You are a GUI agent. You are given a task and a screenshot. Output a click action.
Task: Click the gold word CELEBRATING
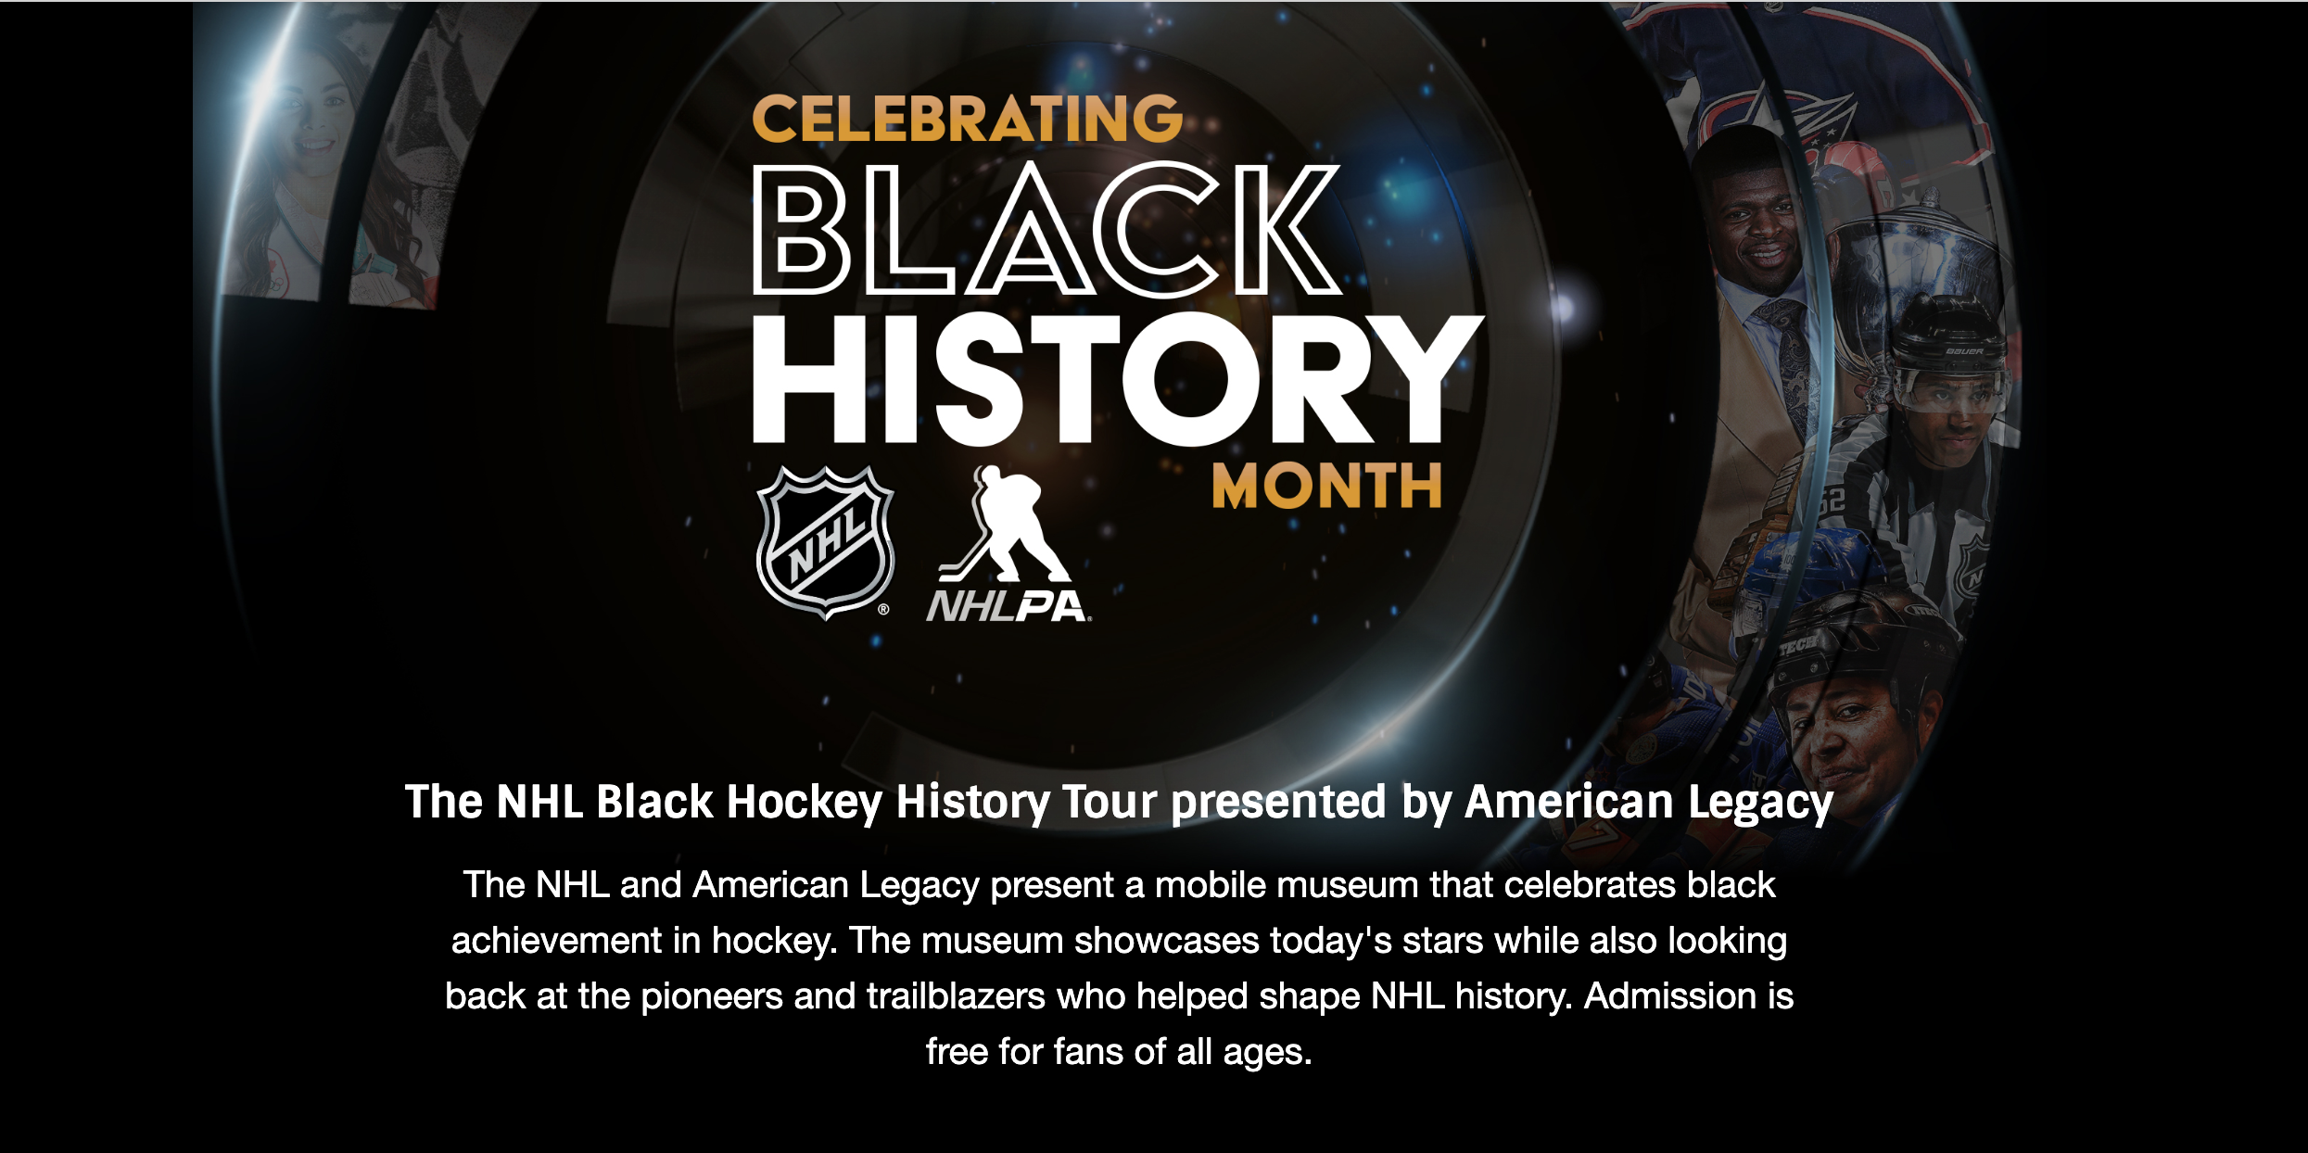967,120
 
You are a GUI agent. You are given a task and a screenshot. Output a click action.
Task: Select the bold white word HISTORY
1118,379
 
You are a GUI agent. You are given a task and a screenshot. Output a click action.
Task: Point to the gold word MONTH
1326,486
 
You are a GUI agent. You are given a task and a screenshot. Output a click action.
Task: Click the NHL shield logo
825,542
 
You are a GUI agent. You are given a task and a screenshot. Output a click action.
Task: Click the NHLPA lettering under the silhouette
1008,606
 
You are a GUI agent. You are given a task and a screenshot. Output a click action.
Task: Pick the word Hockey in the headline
804,804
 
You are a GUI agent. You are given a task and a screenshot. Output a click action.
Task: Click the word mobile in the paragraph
1206,885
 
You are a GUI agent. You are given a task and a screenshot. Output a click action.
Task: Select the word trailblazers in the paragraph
957,996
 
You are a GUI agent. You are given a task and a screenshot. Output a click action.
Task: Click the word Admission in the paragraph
1669,996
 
